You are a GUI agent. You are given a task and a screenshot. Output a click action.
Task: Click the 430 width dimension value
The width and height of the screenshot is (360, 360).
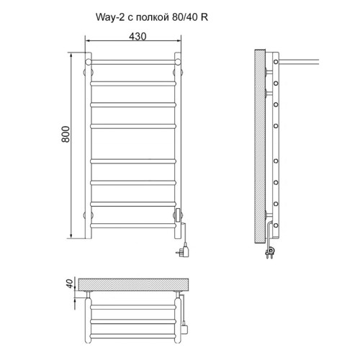[x=138, y=37]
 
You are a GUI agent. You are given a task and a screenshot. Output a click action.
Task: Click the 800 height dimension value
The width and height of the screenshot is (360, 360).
[x=66, y=134]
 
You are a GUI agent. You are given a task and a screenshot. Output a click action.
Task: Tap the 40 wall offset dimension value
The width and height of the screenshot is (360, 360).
[x=69, y=284]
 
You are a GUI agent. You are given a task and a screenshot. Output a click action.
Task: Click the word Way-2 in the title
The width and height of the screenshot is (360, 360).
[x=110, y=17]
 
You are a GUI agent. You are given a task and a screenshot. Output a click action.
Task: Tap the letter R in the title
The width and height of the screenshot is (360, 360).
[x=204, y=17]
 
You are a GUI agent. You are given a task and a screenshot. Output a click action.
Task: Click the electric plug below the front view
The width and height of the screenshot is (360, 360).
[x=184, y=250]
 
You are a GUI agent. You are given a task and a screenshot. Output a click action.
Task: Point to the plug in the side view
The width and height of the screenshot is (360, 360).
[x=271, y=251]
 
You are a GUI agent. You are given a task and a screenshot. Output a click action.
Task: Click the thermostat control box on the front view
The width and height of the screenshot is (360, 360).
[x=179, y=215]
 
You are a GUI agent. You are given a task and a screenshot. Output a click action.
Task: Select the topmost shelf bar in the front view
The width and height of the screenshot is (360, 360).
[x=133, y=62]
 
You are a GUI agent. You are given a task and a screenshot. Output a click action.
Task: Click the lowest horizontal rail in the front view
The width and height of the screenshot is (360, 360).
[x=133, y=225]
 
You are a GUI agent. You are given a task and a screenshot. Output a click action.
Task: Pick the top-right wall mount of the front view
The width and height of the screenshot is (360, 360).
[x=178, y=72]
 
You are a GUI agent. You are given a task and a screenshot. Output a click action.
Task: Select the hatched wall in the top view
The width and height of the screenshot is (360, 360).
[x=133, y=284]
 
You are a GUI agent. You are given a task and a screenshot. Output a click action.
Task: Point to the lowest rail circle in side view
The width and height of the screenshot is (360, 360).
[x=276, y=225]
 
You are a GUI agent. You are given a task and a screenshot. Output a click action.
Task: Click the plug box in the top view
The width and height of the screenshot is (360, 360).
[x=184, y=329]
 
